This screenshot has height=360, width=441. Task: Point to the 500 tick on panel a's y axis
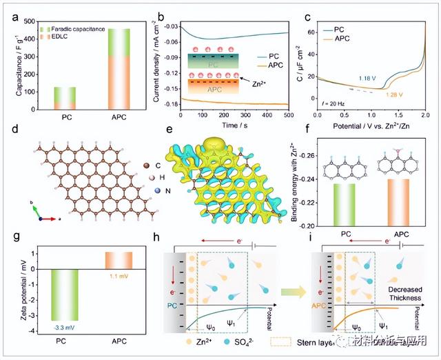[23, 22]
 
